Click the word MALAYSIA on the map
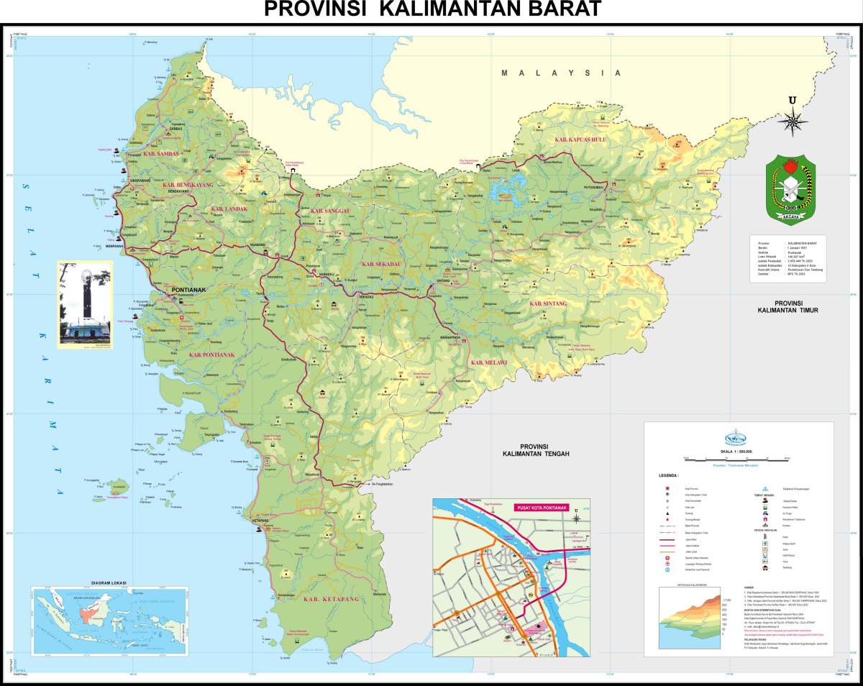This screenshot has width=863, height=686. click(x=561, y=73)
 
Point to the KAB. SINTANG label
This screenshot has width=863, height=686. click(x=548, y=303)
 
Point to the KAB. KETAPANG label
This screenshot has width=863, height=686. click(x=331, y=598)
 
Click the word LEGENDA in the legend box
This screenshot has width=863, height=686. click(x=668, y=475)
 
